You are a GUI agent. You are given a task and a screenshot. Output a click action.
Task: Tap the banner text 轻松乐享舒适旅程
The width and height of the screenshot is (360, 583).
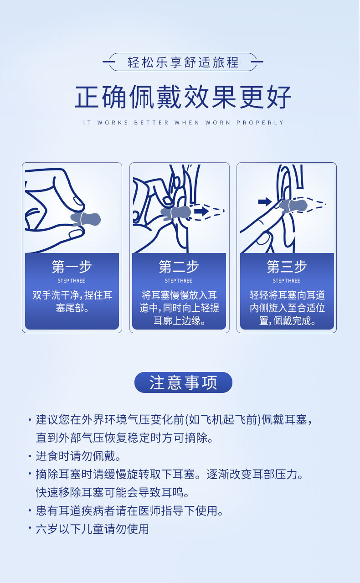tap(183, 62)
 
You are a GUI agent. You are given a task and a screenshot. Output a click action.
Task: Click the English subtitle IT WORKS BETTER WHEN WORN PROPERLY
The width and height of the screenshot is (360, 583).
tap(183, 123)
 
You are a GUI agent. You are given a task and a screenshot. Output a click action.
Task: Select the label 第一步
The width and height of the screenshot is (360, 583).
tap(72, 267)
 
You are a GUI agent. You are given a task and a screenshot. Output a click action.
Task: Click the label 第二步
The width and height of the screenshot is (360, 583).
tap(179, 267)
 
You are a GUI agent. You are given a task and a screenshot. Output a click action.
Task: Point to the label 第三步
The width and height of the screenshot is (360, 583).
tap(287, 267)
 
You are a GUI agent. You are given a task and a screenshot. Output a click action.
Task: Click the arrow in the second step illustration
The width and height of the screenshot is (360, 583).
tap(201, 211)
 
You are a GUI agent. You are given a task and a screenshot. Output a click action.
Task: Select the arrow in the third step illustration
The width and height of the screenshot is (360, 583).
tap(265, 201)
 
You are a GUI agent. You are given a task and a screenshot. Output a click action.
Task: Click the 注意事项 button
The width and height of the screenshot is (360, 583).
tap(183, 382)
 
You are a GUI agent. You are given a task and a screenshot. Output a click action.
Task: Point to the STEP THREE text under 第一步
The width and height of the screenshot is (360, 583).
tap(72, 281)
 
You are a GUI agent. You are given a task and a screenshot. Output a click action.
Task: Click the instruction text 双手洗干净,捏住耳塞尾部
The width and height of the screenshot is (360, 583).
tap(72, 301)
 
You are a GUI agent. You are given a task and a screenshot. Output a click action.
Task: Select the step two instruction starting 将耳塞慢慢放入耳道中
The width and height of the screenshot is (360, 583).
tap(179, 308)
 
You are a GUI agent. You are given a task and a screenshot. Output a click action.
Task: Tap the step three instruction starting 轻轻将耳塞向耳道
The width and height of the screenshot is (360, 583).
tap(287, 308)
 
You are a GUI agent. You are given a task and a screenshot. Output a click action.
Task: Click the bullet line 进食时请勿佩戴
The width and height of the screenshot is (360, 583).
tap(77, 456)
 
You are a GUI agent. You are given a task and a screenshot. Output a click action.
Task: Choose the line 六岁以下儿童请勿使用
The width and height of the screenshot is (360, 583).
tap(92, 529)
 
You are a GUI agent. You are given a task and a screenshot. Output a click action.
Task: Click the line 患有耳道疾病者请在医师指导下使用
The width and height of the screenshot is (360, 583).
tap(129, 511)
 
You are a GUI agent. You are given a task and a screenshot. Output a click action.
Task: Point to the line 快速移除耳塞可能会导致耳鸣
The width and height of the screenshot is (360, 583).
tap(112, 492)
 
